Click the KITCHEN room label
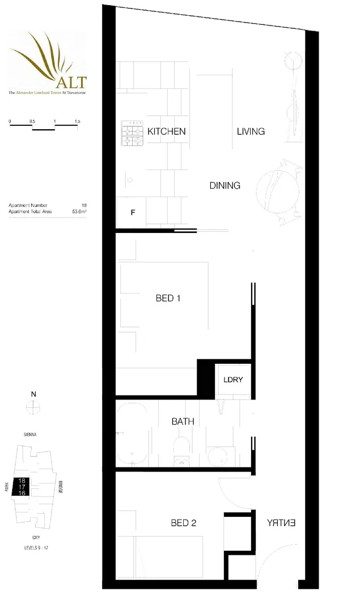166,131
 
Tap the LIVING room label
251,131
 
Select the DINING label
225,185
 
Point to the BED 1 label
168,298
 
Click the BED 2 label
183,523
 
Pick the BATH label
183,422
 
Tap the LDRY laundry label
232,380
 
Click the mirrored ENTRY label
281,523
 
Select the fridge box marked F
133,213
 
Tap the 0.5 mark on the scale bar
32,122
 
